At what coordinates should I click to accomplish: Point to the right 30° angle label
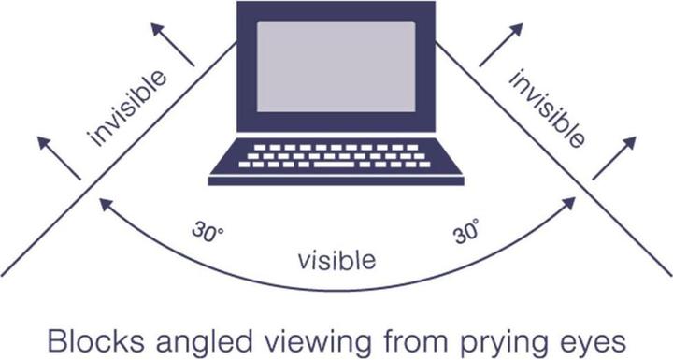[466, 231]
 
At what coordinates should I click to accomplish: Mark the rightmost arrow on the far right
[614, 157]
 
